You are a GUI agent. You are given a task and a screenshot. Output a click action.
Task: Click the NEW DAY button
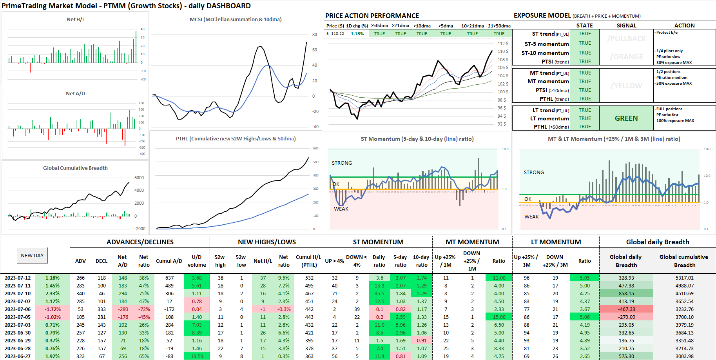tap(32, 255)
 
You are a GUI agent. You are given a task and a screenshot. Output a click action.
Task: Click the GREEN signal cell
tap(626, 118)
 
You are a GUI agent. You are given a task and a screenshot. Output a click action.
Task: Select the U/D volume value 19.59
tap(197, 356)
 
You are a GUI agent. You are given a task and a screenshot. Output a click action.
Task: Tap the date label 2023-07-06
tap(18, 309)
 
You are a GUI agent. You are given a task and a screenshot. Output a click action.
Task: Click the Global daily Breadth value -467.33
tap(626, 309)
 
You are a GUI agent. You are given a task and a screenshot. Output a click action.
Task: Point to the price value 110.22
tap(337, 34)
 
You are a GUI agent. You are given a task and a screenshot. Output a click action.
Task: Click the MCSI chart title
tap(236, 19)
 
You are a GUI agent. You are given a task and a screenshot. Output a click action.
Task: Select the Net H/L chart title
tap(75, 19)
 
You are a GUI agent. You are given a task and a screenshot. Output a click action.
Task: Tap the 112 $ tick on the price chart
tap(503, 44)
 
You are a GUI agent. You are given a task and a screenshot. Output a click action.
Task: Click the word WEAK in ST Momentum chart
tap(341, 209)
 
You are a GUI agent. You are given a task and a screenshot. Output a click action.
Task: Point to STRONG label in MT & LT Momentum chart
tap(533, 172)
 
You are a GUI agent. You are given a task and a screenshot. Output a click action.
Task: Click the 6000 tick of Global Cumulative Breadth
tap(139, 178)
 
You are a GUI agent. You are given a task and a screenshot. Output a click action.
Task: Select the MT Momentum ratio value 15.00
tap(499, 317)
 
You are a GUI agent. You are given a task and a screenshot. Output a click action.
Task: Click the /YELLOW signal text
tap(626, 86)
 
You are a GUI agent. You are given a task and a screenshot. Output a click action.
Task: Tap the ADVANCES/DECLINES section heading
tap(140, 242)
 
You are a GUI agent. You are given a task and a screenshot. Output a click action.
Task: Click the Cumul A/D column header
tap(169, 261)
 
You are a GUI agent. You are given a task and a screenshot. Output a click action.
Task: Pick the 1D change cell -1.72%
tap(53, 309)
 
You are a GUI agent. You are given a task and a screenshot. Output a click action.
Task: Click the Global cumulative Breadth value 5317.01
tap(684, 278)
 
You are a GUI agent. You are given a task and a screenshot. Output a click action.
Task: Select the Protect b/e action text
tap(667, 33)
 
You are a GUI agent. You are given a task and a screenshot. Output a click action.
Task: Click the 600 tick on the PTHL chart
tap(315, 148)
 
